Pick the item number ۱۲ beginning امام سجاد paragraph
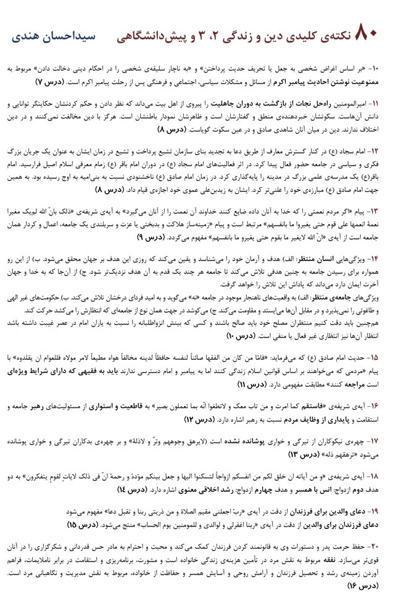382,151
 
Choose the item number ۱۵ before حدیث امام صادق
382,357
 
